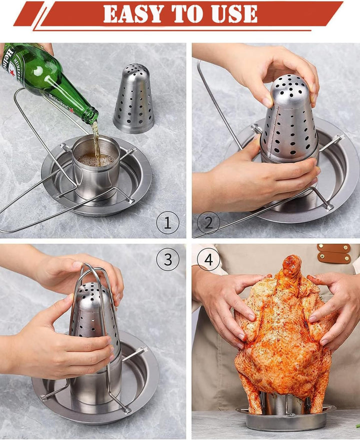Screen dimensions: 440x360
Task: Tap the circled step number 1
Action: point(167,223)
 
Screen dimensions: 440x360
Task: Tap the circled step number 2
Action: point(208,223)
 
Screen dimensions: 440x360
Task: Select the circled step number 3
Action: point(167,259)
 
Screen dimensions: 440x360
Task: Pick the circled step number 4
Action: point(208,259)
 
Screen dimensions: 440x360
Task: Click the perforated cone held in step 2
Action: point(288,120)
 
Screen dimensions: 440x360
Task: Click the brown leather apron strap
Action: point(334,253)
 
